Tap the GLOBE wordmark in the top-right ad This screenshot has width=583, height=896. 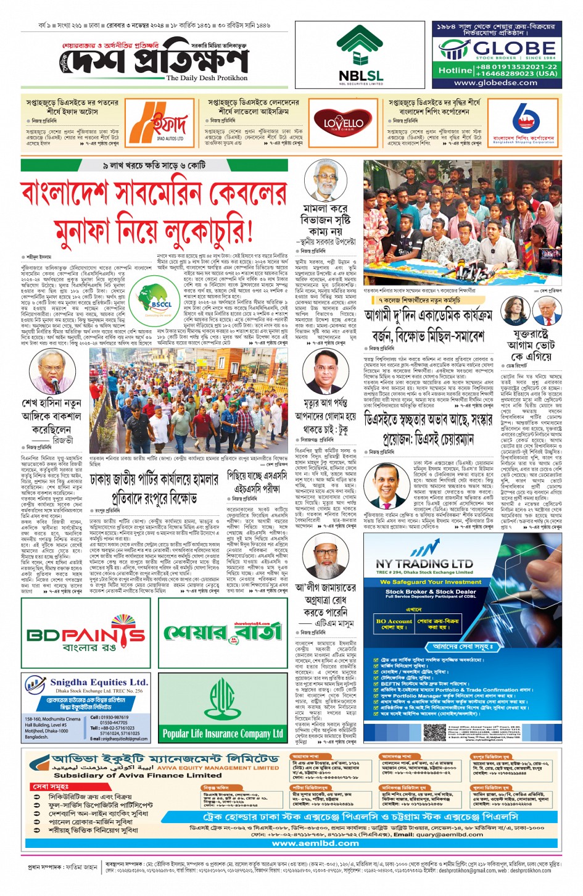(x=505, y=48)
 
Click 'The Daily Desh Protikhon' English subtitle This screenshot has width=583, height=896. (x=207, y=78)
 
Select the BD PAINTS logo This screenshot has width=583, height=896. (x=85, y=634)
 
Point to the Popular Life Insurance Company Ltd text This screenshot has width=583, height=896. (x=222, y=734)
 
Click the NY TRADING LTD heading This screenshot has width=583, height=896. (x=424, y=563)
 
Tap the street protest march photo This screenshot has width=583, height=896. (x=188, y=401)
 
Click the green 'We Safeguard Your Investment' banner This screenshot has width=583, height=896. (x=431, y=582)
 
